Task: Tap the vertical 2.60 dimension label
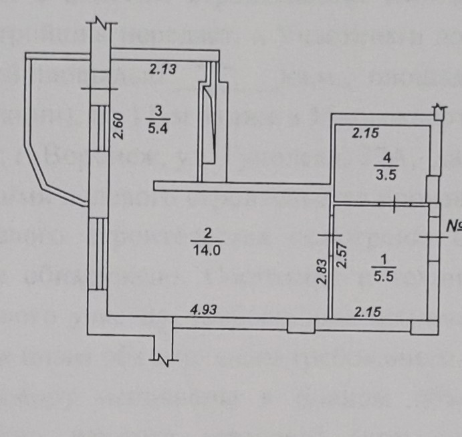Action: pyautogui.click(x=118, y=125)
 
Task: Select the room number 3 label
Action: pyautogui.click(x=158, y=111)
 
